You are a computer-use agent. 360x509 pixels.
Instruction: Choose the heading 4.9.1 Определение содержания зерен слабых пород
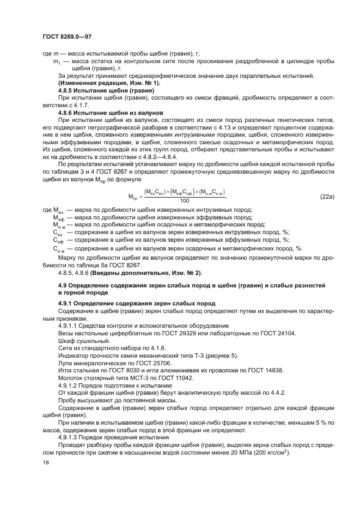click(x=137, y=303)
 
